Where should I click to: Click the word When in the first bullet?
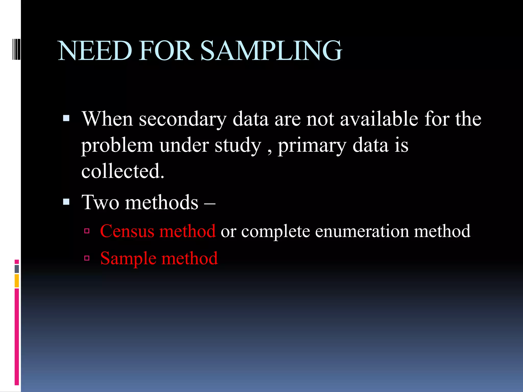coord(107,119)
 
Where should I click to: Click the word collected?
coord(123,171)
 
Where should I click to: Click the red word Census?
coord(127,231)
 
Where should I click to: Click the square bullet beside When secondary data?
coord(66,118)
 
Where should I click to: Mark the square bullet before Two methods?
coord(66,202)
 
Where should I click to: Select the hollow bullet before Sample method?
coord(87,258)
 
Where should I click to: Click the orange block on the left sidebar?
coord(17,281)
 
